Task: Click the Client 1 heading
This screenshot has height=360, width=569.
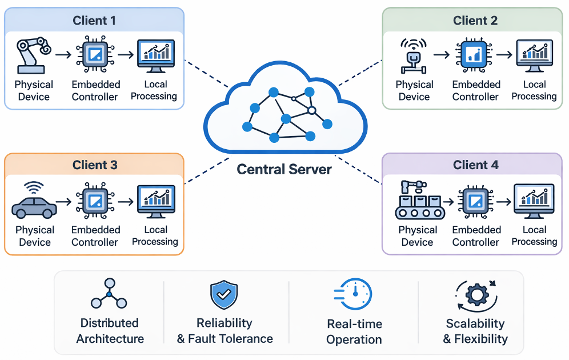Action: tap(94, 21)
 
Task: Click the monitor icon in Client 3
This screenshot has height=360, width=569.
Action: tap(155, 201)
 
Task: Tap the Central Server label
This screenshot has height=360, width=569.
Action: tap(284, 169)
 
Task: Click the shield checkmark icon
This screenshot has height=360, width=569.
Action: tap(224, 295)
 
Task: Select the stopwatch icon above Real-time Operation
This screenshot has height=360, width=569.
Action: tap(354, 295)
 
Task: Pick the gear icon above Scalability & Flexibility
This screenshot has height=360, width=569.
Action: tap(475, 295)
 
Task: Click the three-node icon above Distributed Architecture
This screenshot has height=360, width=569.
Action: tap(109, 294)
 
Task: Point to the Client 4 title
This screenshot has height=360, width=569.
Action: tap(475, 165)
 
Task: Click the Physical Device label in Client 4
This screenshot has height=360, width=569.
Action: tap(418, 235)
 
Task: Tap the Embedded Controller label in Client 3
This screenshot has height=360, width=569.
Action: tap(95, 235)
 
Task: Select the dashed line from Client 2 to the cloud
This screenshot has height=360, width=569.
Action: tap(360, 73)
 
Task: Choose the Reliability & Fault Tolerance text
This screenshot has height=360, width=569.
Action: tap(225, 331)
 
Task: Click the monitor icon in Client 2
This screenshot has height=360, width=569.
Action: tap(534, 55)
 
